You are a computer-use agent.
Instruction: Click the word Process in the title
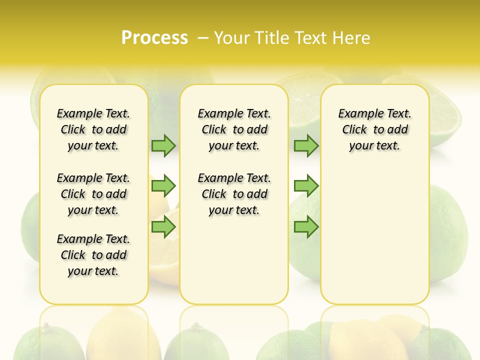[154, 38]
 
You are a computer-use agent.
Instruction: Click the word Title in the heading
[272, 38]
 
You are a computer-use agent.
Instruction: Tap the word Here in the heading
[351, 38]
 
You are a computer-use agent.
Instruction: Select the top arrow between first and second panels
[163, 145]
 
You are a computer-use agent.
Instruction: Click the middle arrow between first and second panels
[163, 186]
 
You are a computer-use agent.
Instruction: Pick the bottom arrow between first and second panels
[163, 227]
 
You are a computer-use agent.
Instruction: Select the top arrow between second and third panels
[306, 145]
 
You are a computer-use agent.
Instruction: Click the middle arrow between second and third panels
[306, 186]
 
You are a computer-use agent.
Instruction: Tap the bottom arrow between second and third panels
[306, 227]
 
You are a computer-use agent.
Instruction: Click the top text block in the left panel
[93, 129]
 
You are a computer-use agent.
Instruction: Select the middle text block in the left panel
[93, 194]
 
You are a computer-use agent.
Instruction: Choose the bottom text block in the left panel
[93, 255]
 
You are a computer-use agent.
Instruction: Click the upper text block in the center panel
[234, 129]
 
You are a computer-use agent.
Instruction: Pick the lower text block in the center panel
[234, 194]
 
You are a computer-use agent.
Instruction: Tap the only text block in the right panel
[374, 129]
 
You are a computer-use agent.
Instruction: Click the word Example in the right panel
[355, 114]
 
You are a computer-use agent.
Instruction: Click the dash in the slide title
[203, 38]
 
